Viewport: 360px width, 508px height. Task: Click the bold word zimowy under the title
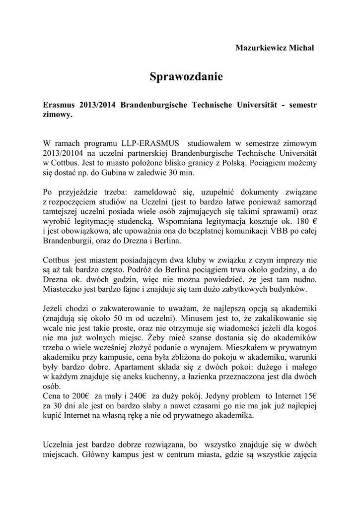tap(57, 115)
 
